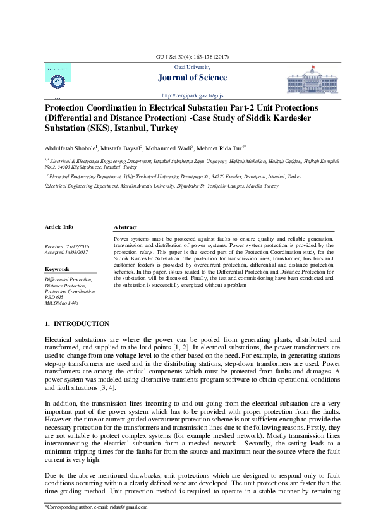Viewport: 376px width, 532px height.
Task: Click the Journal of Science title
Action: [187, 78]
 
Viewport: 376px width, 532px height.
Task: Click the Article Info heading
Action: [59, 226]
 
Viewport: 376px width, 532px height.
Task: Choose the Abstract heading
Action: [125, 227]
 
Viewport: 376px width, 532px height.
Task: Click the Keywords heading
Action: [58, 269]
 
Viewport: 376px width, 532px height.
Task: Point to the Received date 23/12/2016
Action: [66, 245]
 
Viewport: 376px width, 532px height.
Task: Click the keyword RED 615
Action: [54, 298]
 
